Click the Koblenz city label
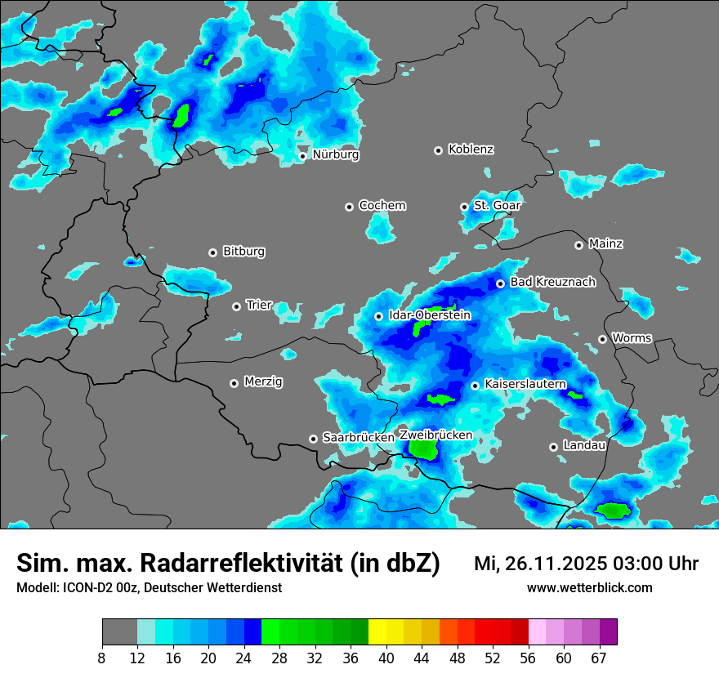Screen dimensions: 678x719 point(471,149)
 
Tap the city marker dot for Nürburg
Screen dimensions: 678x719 point(302,156)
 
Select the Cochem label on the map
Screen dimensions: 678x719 point(382,206)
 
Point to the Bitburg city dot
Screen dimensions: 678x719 point(212,252)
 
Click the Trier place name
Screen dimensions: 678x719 point(259,306)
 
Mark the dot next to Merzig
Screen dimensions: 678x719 point(234,383)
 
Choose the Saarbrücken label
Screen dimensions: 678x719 point(358,438)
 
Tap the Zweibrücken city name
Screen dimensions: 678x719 point(435,435)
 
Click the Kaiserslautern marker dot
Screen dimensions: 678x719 point(475,386)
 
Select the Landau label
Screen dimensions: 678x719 point(584,446)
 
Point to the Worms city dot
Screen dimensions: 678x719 point(602,339)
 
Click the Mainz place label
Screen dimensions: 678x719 point(605,244)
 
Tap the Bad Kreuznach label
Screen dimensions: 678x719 point(552,283)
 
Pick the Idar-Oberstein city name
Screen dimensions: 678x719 point(429,315)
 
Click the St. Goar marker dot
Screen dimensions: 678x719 point(464,207)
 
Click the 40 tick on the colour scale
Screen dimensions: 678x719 point(386,657)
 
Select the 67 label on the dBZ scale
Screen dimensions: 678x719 point(599,657)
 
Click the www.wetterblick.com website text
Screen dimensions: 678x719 point(589,588)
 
